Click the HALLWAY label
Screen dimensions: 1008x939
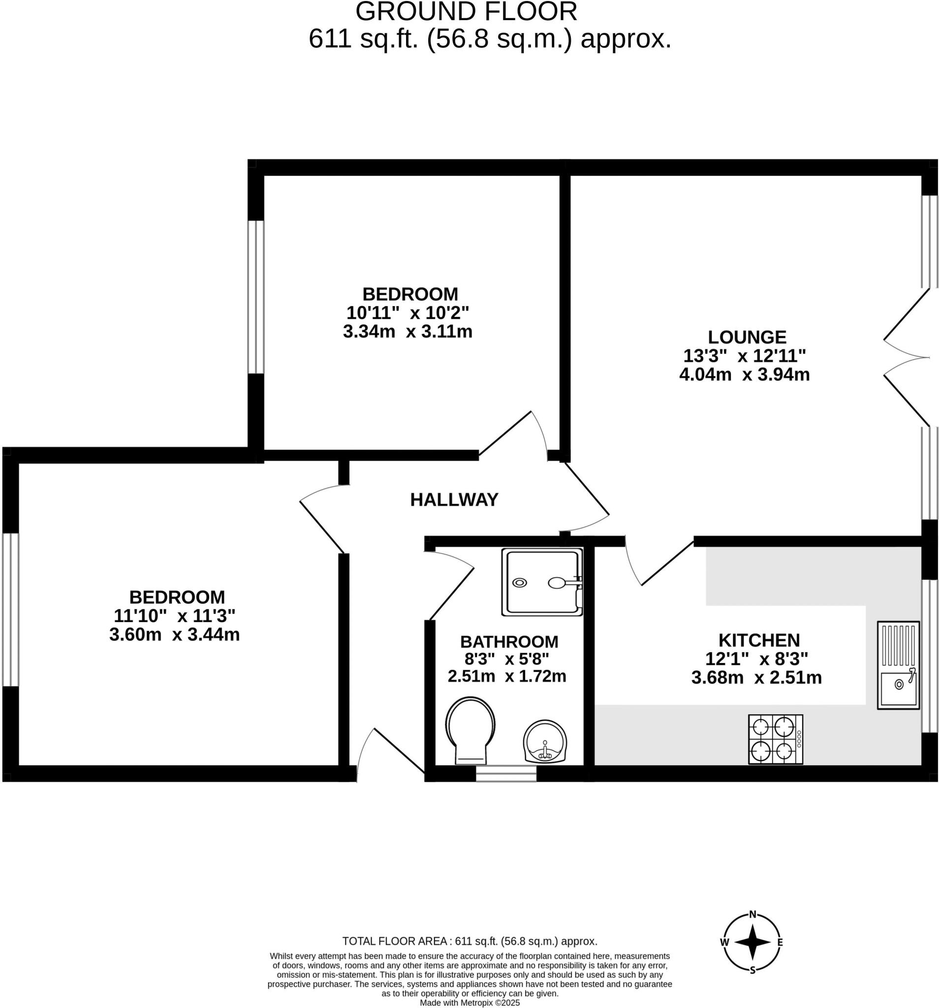point(454,500)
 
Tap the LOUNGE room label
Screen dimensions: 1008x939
point(747,337)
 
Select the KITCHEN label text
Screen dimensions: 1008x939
point(758,640)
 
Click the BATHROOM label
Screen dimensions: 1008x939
point(508,642)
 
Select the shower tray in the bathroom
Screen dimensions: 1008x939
point(541,582)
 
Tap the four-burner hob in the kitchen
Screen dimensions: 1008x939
point(775,739)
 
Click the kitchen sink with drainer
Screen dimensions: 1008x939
point(898,665)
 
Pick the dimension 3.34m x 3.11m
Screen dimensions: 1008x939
point(407,332)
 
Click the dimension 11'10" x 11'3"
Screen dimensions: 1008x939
point(174,616)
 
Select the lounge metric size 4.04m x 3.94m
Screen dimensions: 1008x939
point(744,375)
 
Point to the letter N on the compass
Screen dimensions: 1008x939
point(752,914)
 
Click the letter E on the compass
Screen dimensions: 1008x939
point(780,943)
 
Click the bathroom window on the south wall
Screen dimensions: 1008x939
point(505,774)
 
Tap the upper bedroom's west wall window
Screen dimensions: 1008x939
point(255,297)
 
